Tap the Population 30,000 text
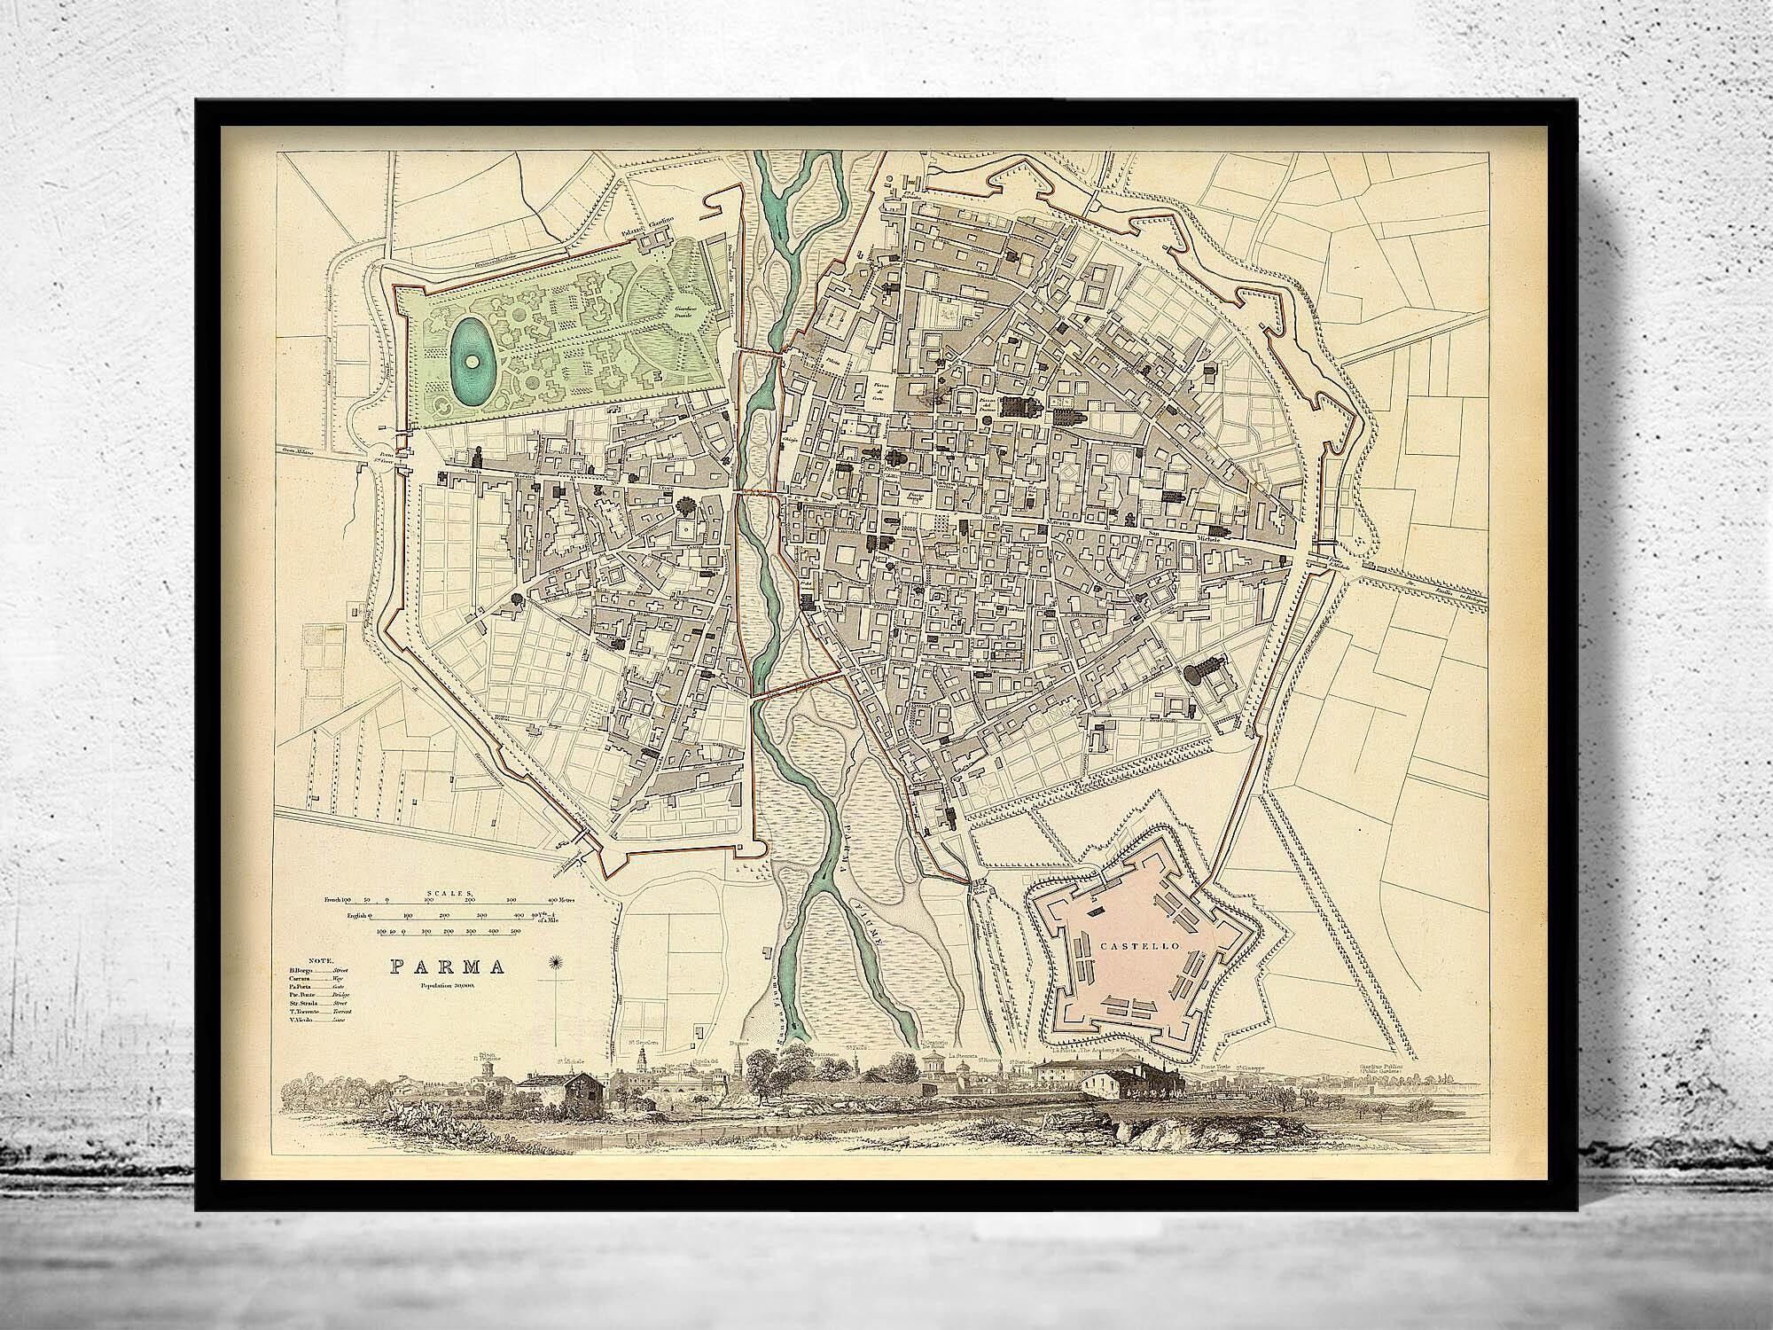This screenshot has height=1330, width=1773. (x=450, y=986)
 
